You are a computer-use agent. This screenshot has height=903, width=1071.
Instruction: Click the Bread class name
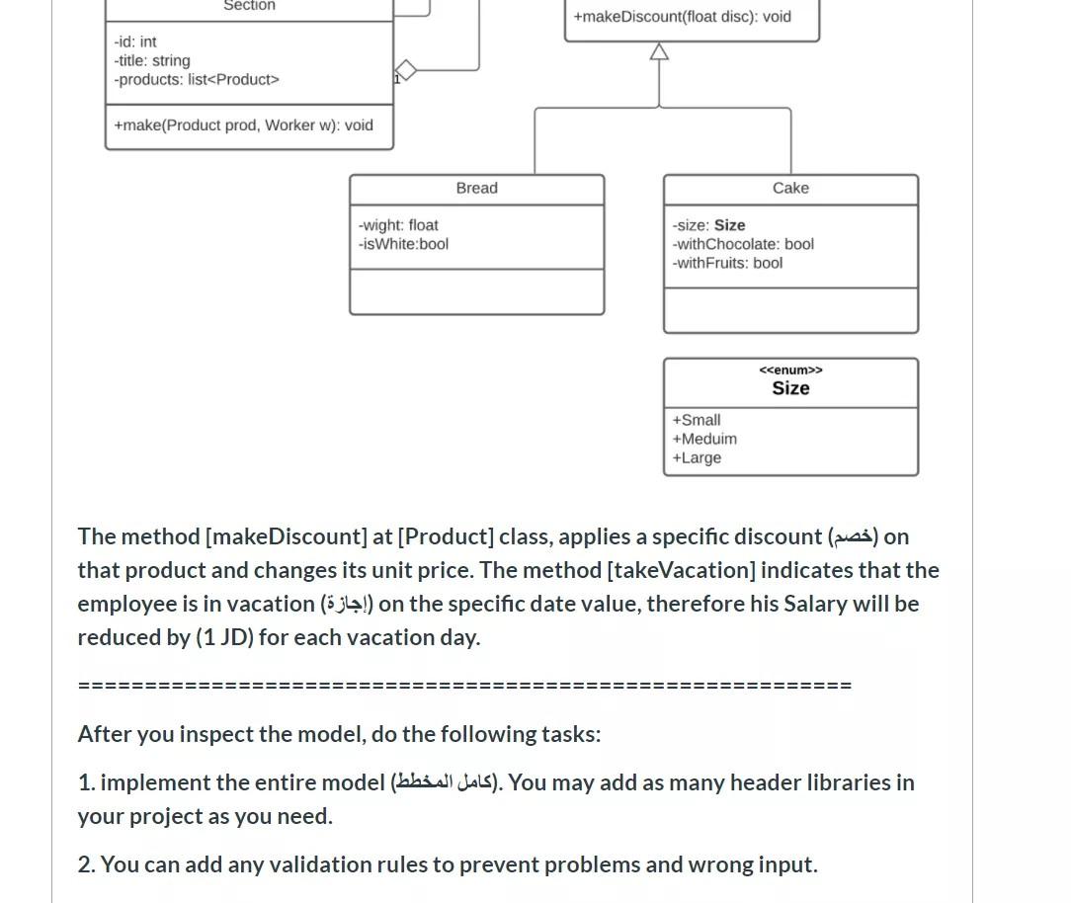(x=476, y=188)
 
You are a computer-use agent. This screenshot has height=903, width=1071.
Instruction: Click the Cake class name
(x=790, y=188)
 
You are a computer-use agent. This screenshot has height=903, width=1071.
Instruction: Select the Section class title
(x=249, y=6)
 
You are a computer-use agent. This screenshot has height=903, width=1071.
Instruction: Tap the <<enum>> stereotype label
(x=790, y=370)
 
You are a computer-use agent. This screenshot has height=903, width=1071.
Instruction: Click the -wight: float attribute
(x=398, y=225)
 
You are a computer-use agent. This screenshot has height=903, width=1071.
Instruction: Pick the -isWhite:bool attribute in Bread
(x=403, y=244)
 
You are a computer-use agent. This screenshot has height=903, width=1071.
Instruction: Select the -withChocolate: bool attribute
(x=743, y=244)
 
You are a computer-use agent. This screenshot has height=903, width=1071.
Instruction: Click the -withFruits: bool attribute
(x=727, y=263)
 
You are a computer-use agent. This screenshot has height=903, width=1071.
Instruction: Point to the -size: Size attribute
(x=708, y=225)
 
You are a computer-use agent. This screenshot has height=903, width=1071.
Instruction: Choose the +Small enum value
(x=697, y=420)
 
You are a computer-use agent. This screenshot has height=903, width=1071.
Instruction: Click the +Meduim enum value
(x=704, y=439)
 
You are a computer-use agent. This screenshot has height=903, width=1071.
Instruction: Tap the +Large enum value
(x=697, y=457)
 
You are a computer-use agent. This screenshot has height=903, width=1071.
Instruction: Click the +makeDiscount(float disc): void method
(x=682, y=17)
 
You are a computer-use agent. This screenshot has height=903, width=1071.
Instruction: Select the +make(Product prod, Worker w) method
(x=243, y=125)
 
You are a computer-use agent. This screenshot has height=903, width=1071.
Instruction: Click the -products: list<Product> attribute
(x=197, y=79)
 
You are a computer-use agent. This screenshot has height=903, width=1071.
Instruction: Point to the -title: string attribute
(x=152, y=60)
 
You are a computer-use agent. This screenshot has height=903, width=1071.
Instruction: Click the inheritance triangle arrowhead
(x=659, y=51)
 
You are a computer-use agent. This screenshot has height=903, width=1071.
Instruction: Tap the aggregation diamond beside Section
(x=405, y=70)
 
